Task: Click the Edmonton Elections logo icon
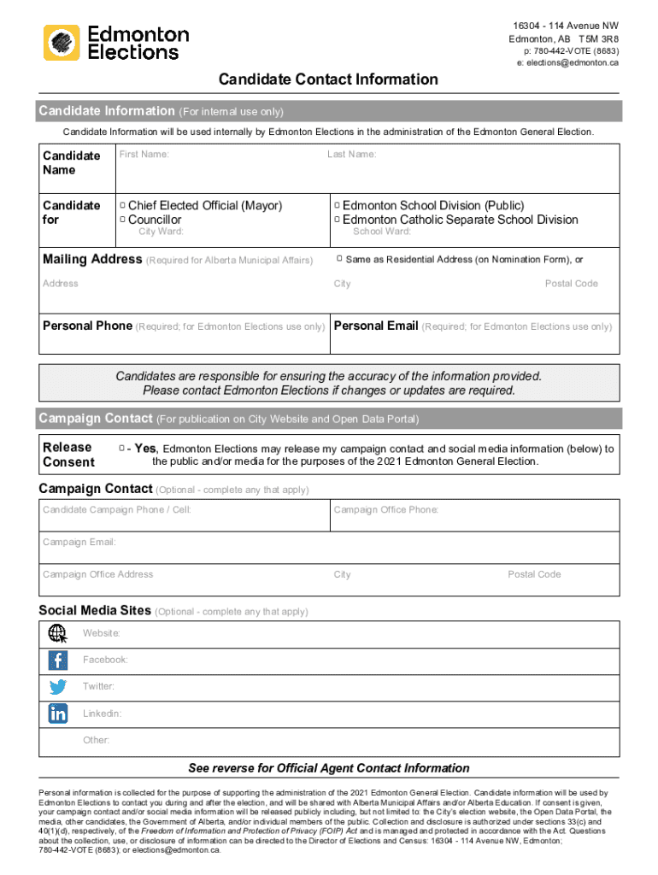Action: tap(62, 43)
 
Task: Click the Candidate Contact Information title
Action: tap(328, 79)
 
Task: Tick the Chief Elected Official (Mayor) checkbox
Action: tap(123, 205)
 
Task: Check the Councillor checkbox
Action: tap(123, 220)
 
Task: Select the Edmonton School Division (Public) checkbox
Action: tap(338, 205)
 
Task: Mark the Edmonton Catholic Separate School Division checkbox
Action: tap(338, 220)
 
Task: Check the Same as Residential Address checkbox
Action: tap(339, 259)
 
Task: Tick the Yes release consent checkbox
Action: tap(123, 448)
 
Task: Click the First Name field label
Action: tap(144, 155)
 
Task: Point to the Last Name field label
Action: tap(351, 155)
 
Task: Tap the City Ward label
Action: tap(161, 232)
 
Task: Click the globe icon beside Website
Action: tap(58, 633)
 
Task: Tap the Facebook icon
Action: tap(58, 660)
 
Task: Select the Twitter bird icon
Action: tap(58, 686)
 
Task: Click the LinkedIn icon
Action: tap(58, 714)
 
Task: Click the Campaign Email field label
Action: tap(79, 543)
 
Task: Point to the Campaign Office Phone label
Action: tap(385, 510)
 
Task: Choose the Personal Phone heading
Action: tap(87, 326)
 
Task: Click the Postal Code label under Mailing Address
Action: tap(571, 284)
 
